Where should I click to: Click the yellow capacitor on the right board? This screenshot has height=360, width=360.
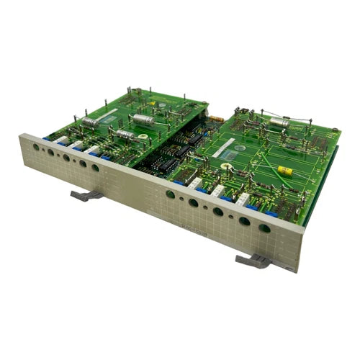pyautogui.click(x=285, y=171)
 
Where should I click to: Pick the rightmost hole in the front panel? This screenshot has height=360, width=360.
pyautogui.click(x=265, y=228)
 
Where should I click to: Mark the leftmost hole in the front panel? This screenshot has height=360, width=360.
pyautogui.click(x=36, y=146)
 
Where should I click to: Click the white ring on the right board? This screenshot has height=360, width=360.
pyautogui.click(x=226, y=166)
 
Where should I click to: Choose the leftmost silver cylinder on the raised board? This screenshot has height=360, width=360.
pyautogui.click(x=91, y=123)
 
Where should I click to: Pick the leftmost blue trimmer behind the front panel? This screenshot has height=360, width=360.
pyautogui.click(x=47, y=137)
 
